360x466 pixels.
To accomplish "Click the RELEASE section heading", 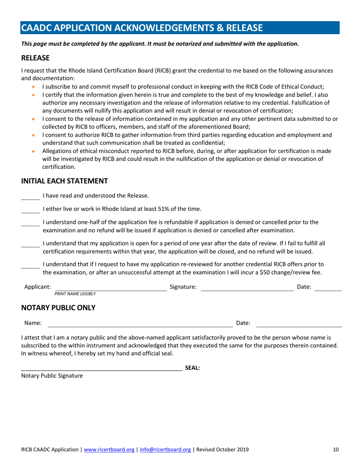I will pyautogui.click(x=35, y=58).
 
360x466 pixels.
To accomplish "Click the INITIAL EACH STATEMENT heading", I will pyautogui.click(x=64, y=181).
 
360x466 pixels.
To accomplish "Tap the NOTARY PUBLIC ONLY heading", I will pyautogui.click(x=58, y=308).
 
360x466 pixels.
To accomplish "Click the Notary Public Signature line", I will pyautogui.click(x=101, y=369).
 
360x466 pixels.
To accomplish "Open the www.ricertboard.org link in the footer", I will pyautogui.click(x=109, y=450).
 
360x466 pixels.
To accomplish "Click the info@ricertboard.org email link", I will pyautogui.click(x=165, y=450).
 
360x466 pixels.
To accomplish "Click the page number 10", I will pyautogui.click(x=335, y=450).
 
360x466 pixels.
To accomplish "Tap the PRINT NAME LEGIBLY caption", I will pyautogui.click(x=75, y=294).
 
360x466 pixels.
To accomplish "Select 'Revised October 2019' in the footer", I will pyautogui.click(x=222, y=450).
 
